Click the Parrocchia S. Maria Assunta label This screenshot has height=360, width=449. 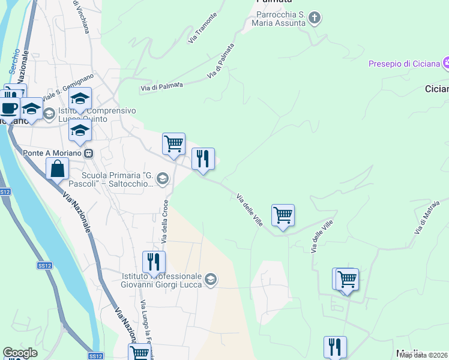(282, 19)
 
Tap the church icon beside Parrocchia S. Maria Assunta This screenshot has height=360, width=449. (315, 19)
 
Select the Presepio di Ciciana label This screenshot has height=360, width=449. (403, 64)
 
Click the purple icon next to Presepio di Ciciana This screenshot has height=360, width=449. (446, 62)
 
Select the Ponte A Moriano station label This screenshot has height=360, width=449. (52, 153)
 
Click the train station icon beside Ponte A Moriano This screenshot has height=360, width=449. (88, 153)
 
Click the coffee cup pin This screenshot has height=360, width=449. (9, 108)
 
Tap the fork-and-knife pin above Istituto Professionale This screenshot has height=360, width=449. (154, 262)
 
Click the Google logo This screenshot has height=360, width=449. (20, 353)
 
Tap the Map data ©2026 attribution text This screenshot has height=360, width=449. (424, 355)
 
